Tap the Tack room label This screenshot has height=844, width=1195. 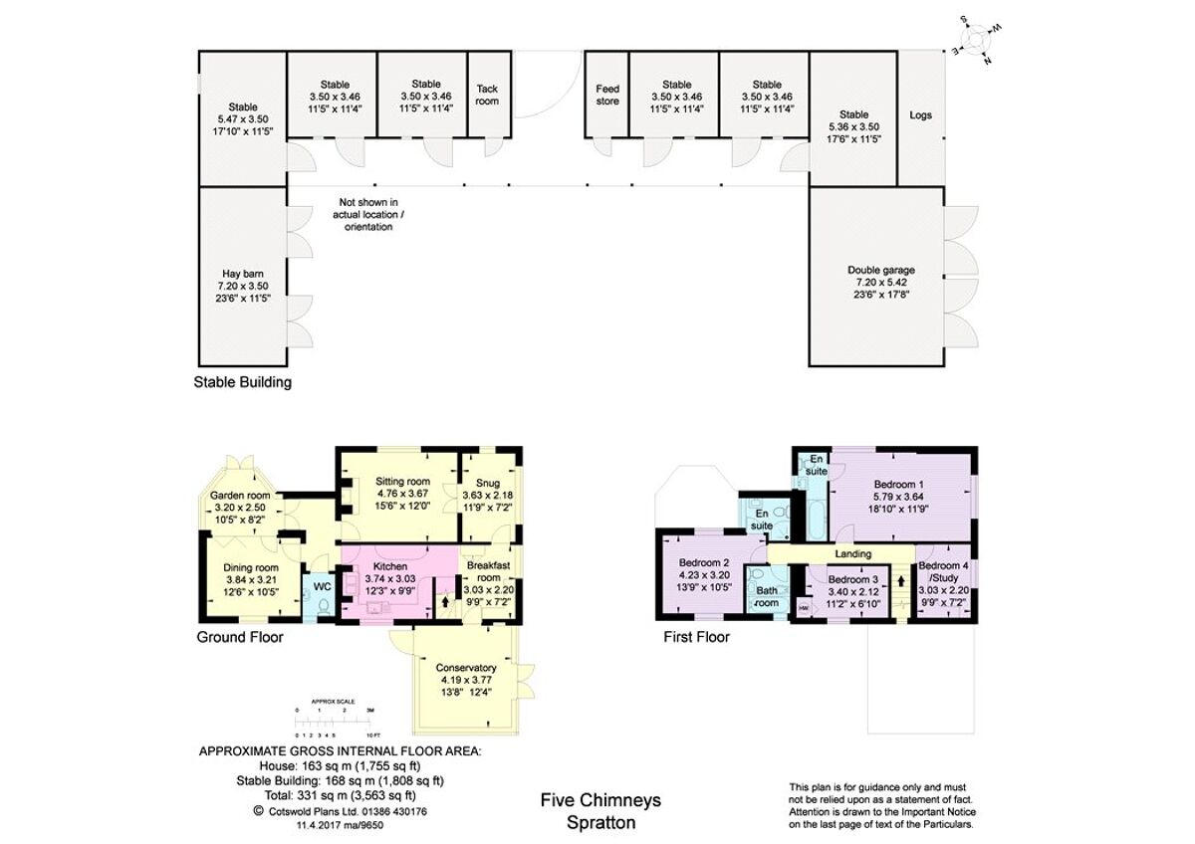click(x=487, y=95)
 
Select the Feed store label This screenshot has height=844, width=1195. click(x=607, y=95)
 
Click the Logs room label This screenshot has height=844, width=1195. click(x=921, y=115)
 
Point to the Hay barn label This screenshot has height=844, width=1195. click(x=242, y=271)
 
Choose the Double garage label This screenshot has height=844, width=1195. click(x=881, y=270)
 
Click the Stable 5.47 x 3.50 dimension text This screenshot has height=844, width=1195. click(x=242, y=118)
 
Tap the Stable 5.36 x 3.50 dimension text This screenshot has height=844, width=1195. click(x=853, y=127)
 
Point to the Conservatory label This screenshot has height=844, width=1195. click(x=466, y=668)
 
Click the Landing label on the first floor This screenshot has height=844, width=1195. click(x=852, y=553)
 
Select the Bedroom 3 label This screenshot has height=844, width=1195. click(x=853, y=579)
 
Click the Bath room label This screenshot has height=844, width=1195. click(x=767, y=596)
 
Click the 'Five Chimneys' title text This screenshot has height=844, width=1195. click(x=600, y=800)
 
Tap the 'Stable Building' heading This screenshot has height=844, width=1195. click(x=244, y=381)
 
